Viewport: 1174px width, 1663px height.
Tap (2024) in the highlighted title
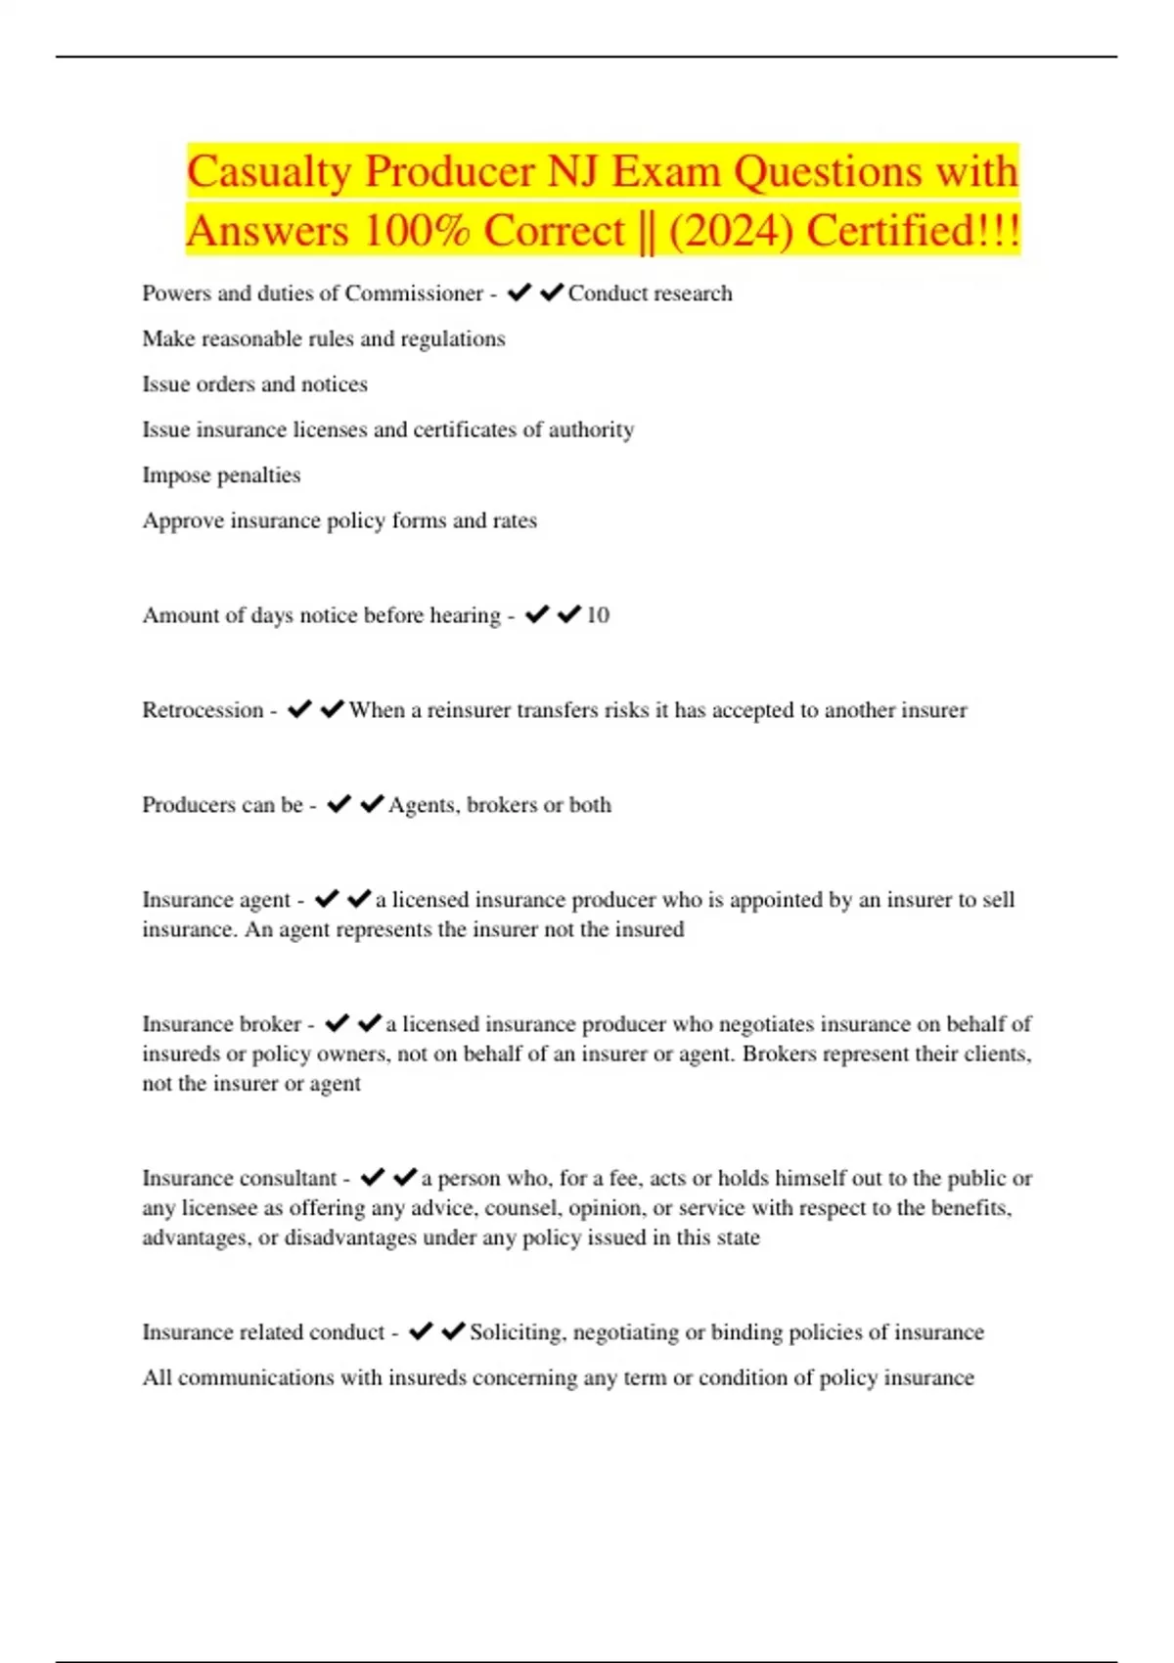coord(731,232)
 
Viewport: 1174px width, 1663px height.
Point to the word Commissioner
coord(414,293)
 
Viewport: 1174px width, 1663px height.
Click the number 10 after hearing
coord(597,615)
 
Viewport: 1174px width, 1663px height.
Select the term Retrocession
coord(203,710)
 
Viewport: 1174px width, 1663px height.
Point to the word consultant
coord(288,1178)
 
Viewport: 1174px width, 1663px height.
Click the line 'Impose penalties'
coord(221,475)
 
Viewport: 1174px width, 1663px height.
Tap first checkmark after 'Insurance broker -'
coord(337,1023)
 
